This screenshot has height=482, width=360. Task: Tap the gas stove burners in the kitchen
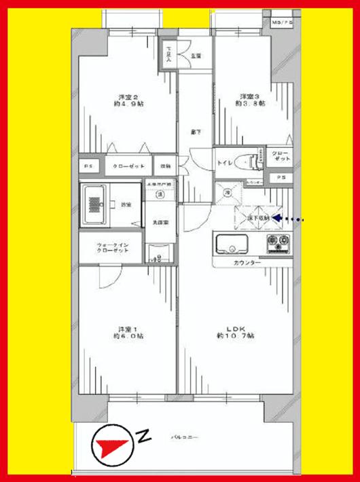(278, 243)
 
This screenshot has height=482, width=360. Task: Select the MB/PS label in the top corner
(282, 23)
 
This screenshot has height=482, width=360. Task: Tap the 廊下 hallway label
(196, 131)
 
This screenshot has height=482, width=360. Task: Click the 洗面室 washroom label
(160, 222)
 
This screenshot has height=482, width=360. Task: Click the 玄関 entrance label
(196, 55)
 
